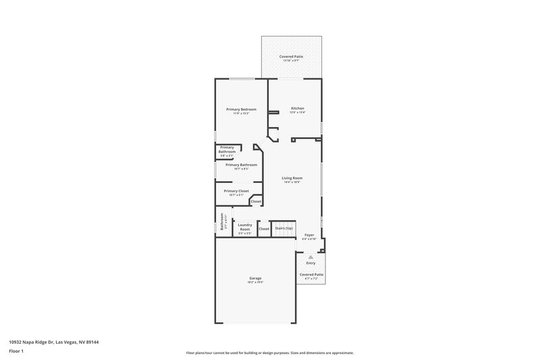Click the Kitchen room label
[x=298, y=108]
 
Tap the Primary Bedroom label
[x=241, y=109]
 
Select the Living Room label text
[x=292, y=178]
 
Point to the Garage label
[x=255, y=278]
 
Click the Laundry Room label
[x=244, y=226]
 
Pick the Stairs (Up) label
[x=283, y=228]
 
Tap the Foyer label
[x=310, y=234]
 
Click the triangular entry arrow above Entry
[x=310, y=257]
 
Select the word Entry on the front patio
[x=310, y=263]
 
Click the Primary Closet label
[x=236, y=190]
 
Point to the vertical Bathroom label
[x=221, y=224]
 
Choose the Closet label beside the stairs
[x=264, y=228]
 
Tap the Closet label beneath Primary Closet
[x=256, y=201]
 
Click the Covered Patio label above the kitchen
[x=292, y=56]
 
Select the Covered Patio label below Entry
[x=311, y=274]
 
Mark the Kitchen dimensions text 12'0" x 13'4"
[x=298, y=113]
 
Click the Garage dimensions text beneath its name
[x=255, y=282]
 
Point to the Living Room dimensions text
[x=292, y=182]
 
